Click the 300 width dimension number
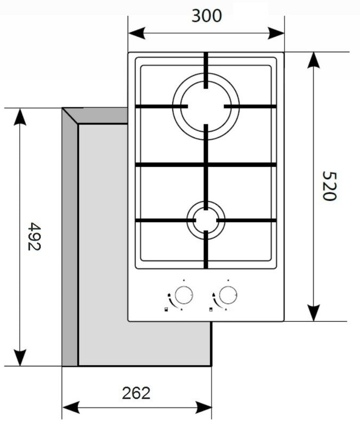click(207, 16)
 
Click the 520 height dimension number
click(329, 186)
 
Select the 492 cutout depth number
click(34, 236)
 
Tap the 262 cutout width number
click(136, 393)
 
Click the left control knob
click(184, 295)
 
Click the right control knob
click(228, 295)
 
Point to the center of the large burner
click(206, 106)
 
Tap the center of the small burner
click(206, 220)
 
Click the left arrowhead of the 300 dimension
click(137, 33)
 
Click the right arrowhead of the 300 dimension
click(276, 33)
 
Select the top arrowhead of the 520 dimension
click(314, 60)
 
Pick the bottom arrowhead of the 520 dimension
click(314, 313)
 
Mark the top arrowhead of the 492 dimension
click(20, 117)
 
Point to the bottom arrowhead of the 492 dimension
click(20, 358)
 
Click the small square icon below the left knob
click(166, 309)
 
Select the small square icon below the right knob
click(211, 309)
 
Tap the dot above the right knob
click(228, 280)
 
